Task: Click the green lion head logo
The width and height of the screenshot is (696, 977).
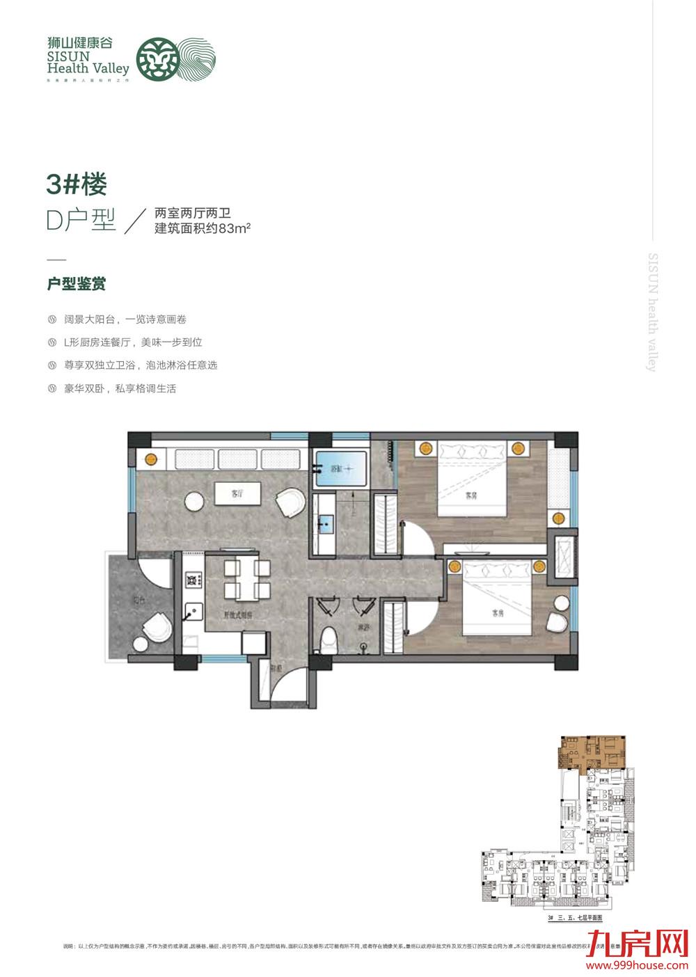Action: click(154, 58)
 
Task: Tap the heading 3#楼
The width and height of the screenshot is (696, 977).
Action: click(77, 184)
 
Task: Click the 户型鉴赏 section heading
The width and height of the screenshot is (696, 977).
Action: click(76, 284)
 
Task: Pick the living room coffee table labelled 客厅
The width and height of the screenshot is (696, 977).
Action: click(237, 495)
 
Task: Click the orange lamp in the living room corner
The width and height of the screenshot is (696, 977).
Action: click(150, 459)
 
